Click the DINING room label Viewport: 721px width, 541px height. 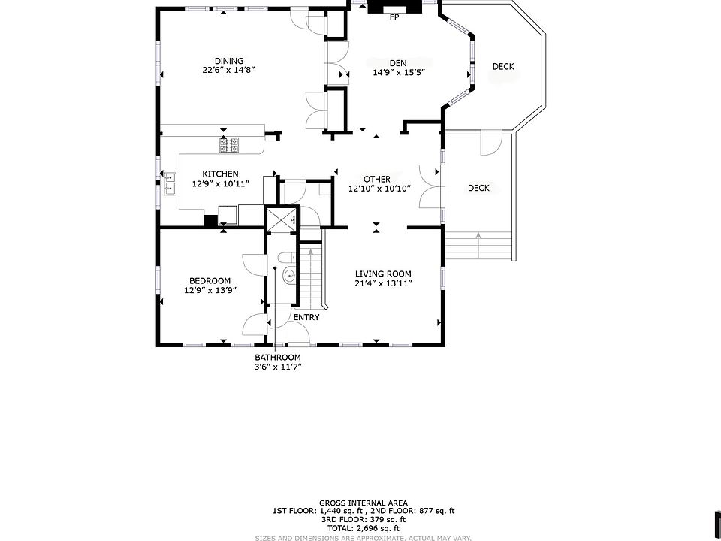click(x=229, y=61)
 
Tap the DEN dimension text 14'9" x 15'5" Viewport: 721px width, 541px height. click(x=398, y=72)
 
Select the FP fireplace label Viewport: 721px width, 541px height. click(x=394, y=17)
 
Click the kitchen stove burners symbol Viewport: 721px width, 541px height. click(x=230, y=145)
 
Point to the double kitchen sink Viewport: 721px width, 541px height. click(x=170, y=183)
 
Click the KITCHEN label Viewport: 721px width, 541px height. click(x=220, y=174)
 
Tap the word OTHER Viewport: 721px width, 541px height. click(x=376, y=179)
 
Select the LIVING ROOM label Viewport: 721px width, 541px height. click(x=383, y=274)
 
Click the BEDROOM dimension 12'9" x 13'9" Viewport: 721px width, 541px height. click(x=210, y=290)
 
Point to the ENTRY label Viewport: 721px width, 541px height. click(x=306, y=317)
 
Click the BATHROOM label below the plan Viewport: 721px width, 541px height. click(x=278, y=357)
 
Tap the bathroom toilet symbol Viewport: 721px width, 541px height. click(x=286, y=258)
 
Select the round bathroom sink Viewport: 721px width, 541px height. click(x=290, y=276)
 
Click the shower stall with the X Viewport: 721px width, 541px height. click(x=282, y=218)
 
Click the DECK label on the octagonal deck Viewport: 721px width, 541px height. click(x=503, y=66)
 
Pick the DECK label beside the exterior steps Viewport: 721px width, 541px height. click(x=478, y=188)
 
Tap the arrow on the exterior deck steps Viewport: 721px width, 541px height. click(x=478, y=246)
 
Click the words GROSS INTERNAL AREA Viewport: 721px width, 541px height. click(x=364, y=503)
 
